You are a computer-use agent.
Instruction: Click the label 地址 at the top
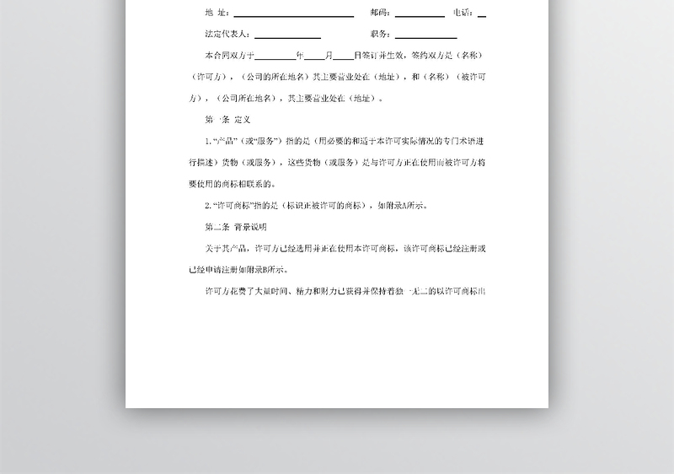point(217,13)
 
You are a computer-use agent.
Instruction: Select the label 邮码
point(379,13)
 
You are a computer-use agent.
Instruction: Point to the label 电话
point(463,13)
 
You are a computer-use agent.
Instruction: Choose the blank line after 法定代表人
point(287,35)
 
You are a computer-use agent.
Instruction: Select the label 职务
point(379,35)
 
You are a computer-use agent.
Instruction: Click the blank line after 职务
point(425,35)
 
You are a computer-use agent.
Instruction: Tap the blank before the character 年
point(275,57)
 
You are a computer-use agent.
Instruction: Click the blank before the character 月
point(313,57)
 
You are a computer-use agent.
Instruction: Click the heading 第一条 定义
point(228,120)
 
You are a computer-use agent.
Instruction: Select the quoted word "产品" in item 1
point(226,141)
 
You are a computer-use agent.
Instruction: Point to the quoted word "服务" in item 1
point(265,141)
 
